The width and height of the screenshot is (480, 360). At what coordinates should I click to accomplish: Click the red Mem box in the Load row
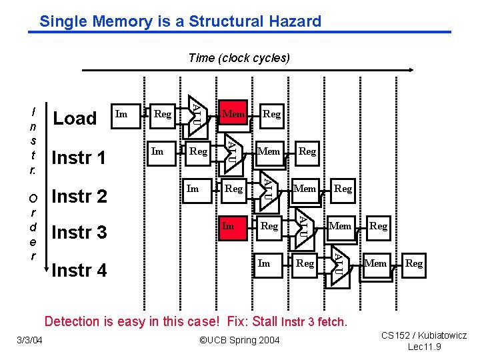(233, 114)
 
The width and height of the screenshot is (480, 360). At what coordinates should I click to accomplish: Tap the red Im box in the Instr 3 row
(229, 226)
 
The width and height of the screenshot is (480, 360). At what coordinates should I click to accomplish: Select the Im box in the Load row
(121, 114)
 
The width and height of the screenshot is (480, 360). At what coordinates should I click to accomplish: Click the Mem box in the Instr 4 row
(376, 263)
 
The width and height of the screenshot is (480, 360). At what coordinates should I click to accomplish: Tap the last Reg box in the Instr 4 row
(414, 263)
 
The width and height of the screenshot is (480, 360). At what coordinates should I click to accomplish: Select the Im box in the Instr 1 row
(157, 151)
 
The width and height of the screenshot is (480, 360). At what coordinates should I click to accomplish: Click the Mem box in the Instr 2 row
(305, 189)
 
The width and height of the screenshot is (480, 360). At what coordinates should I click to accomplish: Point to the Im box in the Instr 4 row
(264, 263)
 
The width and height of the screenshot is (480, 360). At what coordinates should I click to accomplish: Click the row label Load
(75, 119)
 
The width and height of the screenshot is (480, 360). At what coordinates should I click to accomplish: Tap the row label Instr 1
(79, 158)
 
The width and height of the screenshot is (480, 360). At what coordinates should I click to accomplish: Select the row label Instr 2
(79, 197)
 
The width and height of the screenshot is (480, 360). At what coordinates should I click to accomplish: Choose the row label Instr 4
(79, 271)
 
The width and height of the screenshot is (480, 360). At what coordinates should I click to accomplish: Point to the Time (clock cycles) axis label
(239, 58)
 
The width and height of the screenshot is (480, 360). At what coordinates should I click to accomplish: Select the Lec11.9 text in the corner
(424, 347)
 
